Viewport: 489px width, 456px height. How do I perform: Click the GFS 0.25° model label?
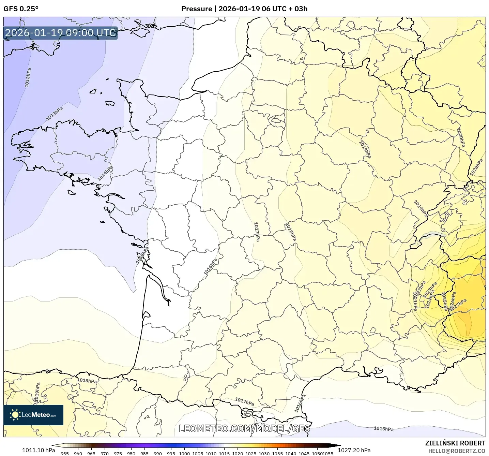[x=21, y=9]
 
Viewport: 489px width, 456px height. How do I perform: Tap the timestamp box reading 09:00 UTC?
[x=60, y=33]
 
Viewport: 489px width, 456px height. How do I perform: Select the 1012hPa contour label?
[x=28, y=77]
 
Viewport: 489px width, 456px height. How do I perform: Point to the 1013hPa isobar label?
[x=55, y=114]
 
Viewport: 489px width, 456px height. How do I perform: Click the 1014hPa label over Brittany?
[x=105, y=173]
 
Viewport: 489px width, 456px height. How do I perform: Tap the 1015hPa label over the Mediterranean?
[x=383, y=429]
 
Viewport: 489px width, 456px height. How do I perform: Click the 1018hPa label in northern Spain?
[x=87, y=381]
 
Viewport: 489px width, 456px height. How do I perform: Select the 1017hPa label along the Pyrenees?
[x=244, y=402]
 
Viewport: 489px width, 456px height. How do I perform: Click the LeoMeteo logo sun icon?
[x=15, y=415]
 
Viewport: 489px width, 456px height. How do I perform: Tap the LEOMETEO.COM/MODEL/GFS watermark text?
[x=244, y=428]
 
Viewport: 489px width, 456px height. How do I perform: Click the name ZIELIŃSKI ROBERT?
[x=455, y=443]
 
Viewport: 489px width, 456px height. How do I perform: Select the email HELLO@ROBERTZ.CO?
[x=457, y=451]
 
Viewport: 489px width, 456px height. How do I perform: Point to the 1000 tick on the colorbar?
[x=184, y=453]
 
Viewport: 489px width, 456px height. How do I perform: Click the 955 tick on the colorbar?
[x=64, y=453]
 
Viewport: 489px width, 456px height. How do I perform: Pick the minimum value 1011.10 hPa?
[x=38, y=450]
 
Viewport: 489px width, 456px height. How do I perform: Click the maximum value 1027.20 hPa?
[x=354, y=450]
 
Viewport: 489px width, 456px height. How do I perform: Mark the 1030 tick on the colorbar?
[x=264, y=453]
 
